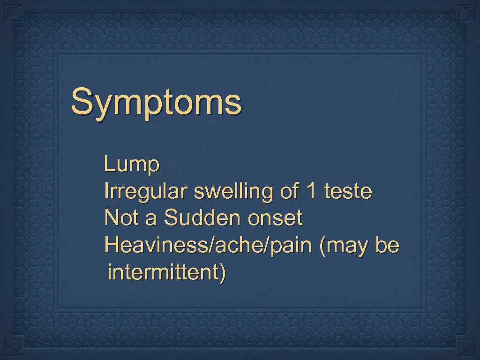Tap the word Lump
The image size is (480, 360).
[132, 165]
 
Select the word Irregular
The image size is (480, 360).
[146, 192]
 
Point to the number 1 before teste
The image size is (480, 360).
[310, 191]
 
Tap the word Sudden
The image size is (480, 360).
[202, 218]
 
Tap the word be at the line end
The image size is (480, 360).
[387, 245]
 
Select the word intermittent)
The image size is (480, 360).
[166, 272]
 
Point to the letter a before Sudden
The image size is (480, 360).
[150, 219]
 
